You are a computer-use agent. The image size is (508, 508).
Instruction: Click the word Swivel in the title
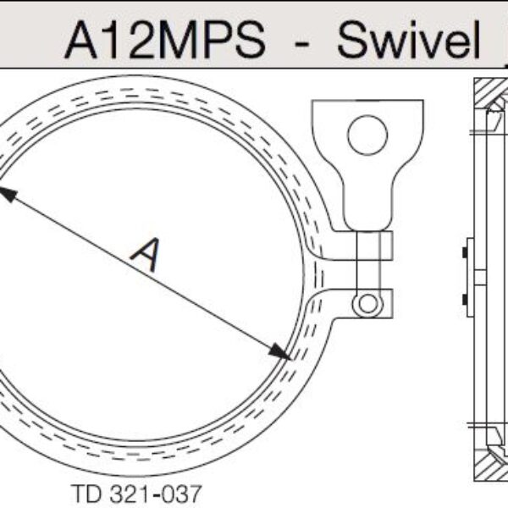point(409,39)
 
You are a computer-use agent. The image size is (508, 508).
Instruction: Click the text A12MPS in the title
point(165,40)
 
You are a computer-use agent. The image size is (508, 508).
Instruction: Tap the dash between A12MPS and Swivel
point(301,46)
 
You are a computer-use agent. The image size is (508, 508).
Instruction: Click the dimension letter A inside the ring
point(146,255)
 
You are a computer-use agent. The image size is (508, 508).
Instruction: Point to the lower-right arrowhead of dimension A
point(279,352)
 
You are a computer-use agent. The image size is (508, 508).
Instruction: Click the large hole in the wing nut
point(367,135)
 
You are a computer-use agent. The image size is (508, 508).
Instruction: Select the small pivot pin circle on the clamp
point(367,304)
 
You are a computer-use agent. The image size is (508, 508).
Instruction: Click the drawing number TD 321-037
point(136,493)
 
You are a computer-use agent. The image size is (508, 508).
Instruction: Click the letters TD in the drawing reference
point(86,493)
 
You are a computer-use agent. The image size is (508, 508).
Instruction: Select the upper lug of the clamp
point(360,246)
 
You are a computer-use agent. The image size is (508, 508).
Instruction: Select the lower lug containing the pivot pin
point(360,304)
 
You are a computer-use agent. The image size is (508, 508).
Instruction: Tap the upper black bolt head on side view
point(464,252)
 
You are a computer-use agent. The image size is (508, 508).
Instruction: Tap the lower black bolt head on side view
point(464,300)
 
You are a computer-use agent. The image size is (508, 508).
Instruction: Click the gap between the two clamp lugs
point(356,274)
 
